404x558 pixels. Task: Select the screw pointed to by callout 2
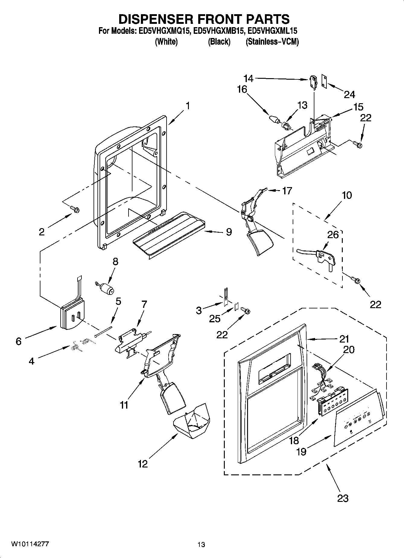pos(75,209)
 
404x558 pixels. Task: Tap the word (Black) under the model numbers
pos(219,42)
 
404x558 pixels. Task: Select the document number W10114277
pos(30,544)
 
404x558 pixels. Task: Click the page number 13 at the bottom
pos(201,544)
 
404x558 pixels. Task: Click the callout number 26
pos(333,234)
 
